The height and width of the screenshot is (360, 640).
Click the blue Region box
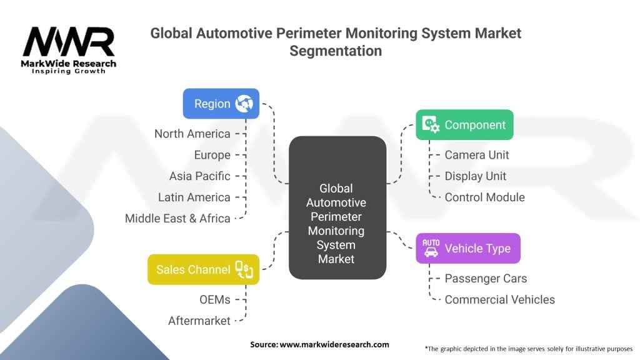[x=221, y=104]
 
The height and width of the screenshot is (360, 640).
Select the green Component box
[x=464, y=124]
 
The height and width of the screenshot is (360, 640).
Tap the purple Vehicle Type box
[x=468, y=248]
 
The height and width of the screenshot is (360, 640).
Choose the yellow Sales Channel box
[x=203, y=269]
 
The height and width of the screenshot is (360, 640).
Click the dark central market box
[x=337, y=207]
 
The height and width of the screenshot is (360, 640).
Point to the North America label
[x=192, y=134]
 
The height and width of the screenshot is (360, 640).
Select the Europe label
[x=212, y=155]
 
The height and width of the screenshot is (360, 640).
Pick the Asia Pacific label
[x=200, y=176]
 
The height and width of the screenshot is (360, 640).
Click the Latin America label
[x=194, y=197]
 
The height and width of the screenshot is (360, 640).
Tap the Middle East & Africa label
[x=177, y=219]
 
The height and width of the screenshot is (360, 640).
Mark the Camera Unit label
[x=477, y=155]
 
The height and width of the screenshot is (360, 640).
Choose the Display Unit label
[x=476, y=176]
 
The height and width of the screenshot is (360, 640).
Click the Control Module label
[x=485, y=197]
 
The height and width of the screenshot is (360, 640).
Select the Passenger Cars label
[x=486, y=279]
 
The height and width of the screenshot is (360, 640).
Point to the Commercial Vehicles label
[x=500, y=300]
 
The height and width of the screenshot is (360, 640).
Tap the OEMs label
[x=215, y=300]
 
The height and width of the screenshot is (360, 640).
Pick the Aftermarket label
[x=199, y=321]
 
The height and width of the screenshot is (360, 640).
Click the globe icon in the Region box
[x=244, y=104]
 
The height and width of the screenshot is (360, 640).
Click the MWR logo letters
[x=69, y=42]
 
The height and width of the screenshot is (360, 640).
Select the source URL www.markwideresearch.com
[x=334, y=344]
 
